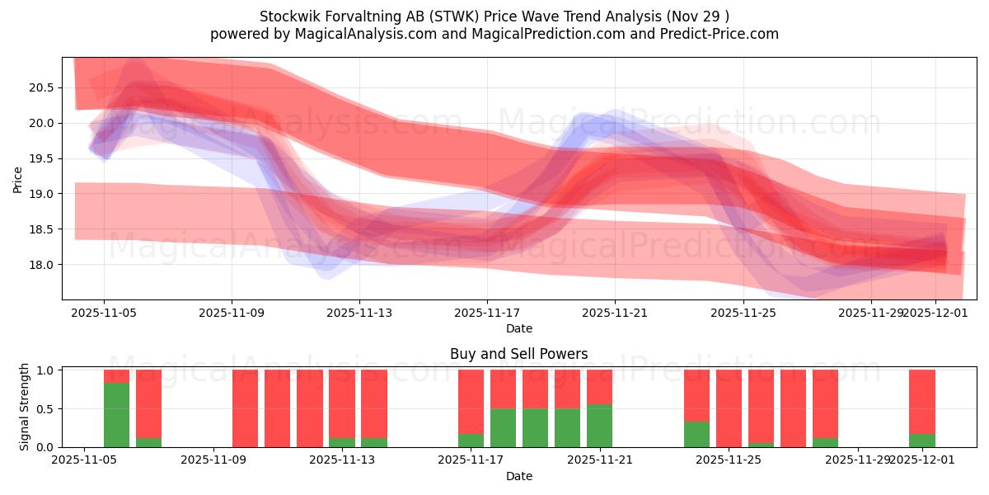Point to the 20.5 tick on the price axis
click(x=42, y=87)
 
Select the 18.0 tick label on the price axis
click(x=42, y=265)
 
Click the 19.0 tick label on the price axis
click(x=42, y=194)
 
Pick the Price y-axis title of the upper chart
click(x=18, y=178)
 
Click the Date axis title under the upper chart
click(x=518, y=328)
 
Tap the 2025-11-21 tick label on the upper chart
click(x=615, y=313)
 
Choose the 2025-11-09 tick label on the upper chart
click(x=232, y=313)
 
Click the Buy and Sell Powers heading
click(x=518, y=354)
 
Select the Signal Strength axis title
click(x=25, y=407)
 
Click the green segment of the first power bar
click(x=116, y=415)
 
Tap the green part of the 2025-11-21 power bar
click(x=599, y=426)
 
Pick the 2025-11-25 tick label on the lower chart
click(x=729, y=460)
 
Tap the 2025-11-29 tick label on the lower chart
click(x=858, y=460)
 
